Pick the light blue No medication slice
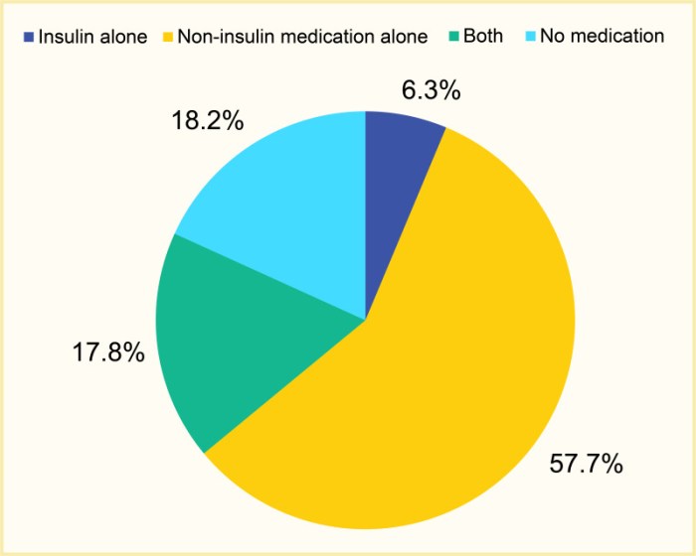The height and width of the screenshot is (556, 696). pyautogui.click(x=288, y=208)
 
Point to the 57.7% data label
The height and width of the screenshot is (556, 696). pyautogui.click(x=587, y=464)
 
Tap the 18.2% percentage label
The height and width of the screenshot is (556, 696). pyautogui.click(x=207, y=122)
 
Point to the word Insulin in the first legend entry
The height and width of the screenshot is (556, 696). pyautogui.click(x=67, y=37)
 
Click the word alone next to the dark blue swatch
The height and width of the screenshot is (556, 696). pyautogui.click(x=123, y=37)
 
